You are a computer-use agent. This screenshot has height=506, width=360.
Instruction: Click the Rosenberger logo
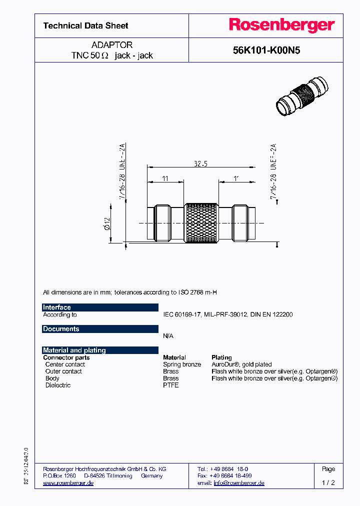282,25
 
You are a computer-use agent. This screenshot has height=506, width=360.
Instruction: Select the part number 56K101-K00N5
266,50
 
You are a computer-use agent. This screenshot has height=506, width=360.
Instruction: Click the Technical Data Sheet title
85,25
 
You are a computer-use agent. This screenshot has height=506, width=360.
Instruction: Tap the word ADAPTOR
112,45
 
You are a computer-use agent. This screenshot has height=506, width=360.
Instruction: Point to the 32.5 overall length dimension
201,163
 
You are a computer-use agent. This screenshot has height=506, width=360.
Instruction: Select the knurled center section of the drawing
201,224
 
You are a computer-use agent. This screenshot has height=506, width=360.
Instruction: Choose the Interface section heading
57,307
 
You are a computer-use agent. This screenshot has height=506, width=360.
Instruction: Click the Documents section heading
61,329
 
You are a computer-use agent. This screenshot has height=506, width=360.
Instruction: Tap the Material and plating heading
74,350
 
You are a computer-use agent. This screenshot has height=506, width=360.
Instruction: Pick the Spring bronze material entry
182,364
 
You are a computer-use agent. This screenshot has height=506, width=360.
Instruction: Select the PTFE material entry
171,385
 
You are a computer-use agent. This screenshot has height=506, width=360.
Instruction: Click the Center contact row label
65,364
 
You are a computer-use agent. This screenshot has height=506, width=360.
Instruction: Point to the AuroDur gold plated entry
242,364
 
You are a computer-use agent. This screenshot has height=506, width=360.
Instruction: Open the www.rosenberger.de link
68,483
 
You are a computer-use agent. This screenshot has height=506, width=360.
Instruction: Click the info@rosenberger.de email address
239,483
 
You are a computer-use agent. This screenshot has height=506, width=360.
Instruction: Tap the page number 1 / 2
328,483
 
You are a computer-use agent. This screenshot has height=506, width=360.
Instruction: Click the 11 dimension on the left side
165,178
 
